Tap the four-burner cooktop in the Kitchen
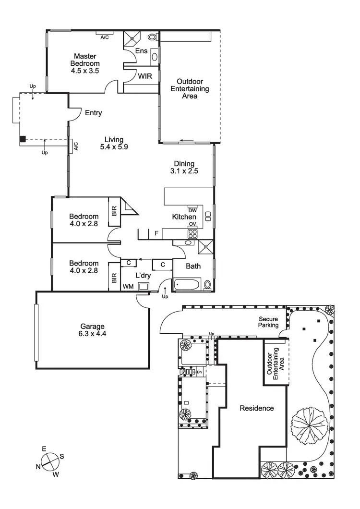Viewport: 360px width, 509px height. coord(192,234)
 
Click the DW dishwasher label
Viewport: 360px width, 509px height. coord(192,210)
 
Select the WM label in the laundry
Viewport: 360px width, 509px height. coord(129,287)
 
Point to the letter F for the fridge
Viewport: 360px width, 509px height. coord(156,234)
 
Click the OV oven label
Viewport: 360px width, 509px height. coord(192,224)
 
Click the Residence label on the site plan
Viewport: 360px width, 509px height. coord(257,408)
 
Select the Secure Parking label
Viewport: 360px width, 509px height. coord(269,322)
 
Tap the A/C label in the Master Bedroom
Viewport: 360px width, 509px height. coord(104,37)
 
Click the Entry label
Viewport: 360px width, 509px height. coord(93,113)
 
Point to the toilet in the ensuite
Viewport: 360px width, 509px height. coord(152,37)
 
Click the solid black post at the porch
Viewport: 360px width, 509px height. coord(23,139)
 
